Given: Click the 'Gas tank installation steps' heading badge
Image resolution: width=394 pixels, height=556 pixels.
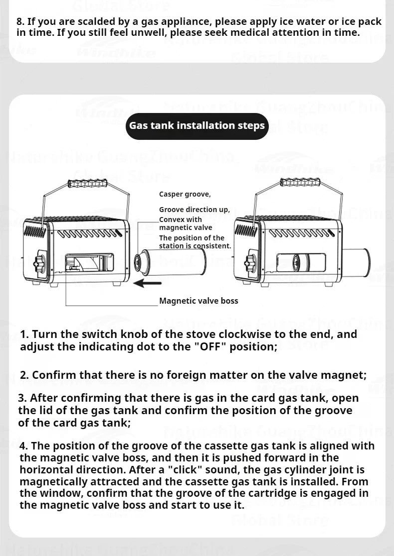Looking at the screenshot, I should pyautogui.click(x=197, y=125).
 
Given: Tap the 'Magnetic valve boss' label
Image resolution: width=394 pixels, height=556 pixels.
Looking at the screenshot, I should pyautogui.click(x=198, y=301).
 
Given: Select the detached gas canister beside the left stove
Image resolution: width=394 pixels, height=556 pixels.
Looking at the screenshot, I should pyautogui.click(x=172, y=263).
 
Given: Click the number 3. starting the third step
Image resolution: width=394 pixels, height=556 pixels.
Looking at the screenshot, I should pyautogui.click(x=23, y=398).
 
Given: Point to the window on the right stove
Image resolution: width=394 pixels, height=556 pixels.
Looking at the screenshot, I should pyautogui.click(x=299, y=262).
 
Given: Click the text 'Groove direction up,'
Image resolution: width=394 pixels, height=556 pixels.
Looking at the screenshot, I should pyautogui.click(x=195, y=210).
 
